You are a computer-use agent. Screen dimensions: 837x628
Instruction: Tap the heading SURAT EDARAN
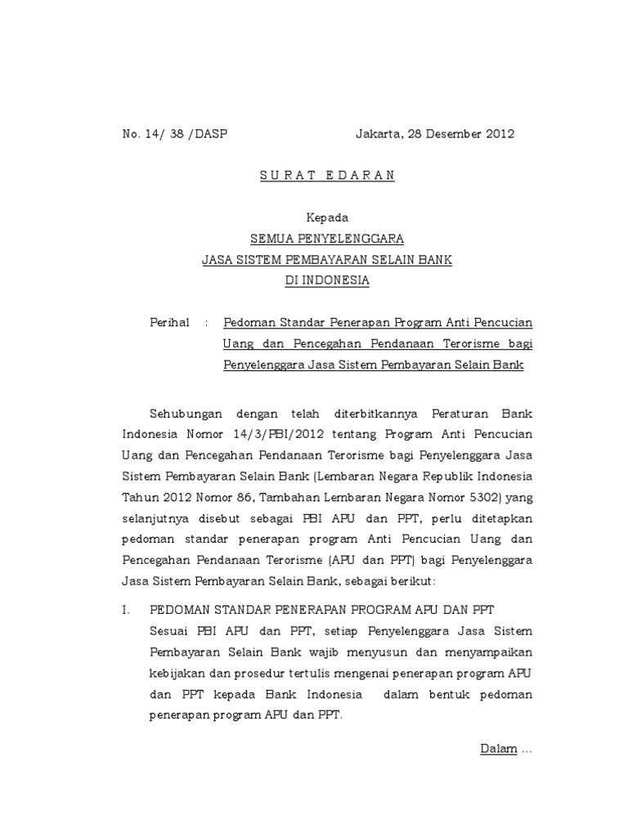tap(327, 177)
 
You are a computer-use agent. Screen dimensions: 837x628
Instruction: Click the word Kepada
tap(327, 218)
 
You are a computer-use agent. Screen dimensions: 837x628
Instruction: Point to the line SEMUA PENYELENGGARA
tap(327, 239)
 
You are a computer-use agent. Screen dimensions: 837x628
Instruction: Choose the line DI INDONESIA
tap(327, 281)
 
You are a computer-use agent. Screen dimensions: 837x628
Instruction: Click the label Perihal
tap(169, 323)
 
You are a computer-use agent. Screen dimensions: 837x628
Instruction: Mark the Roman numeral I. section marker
tap(126, 611)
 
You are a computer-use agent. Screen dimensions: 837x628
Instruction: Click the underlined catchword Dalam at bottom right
tap(498, 749)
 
